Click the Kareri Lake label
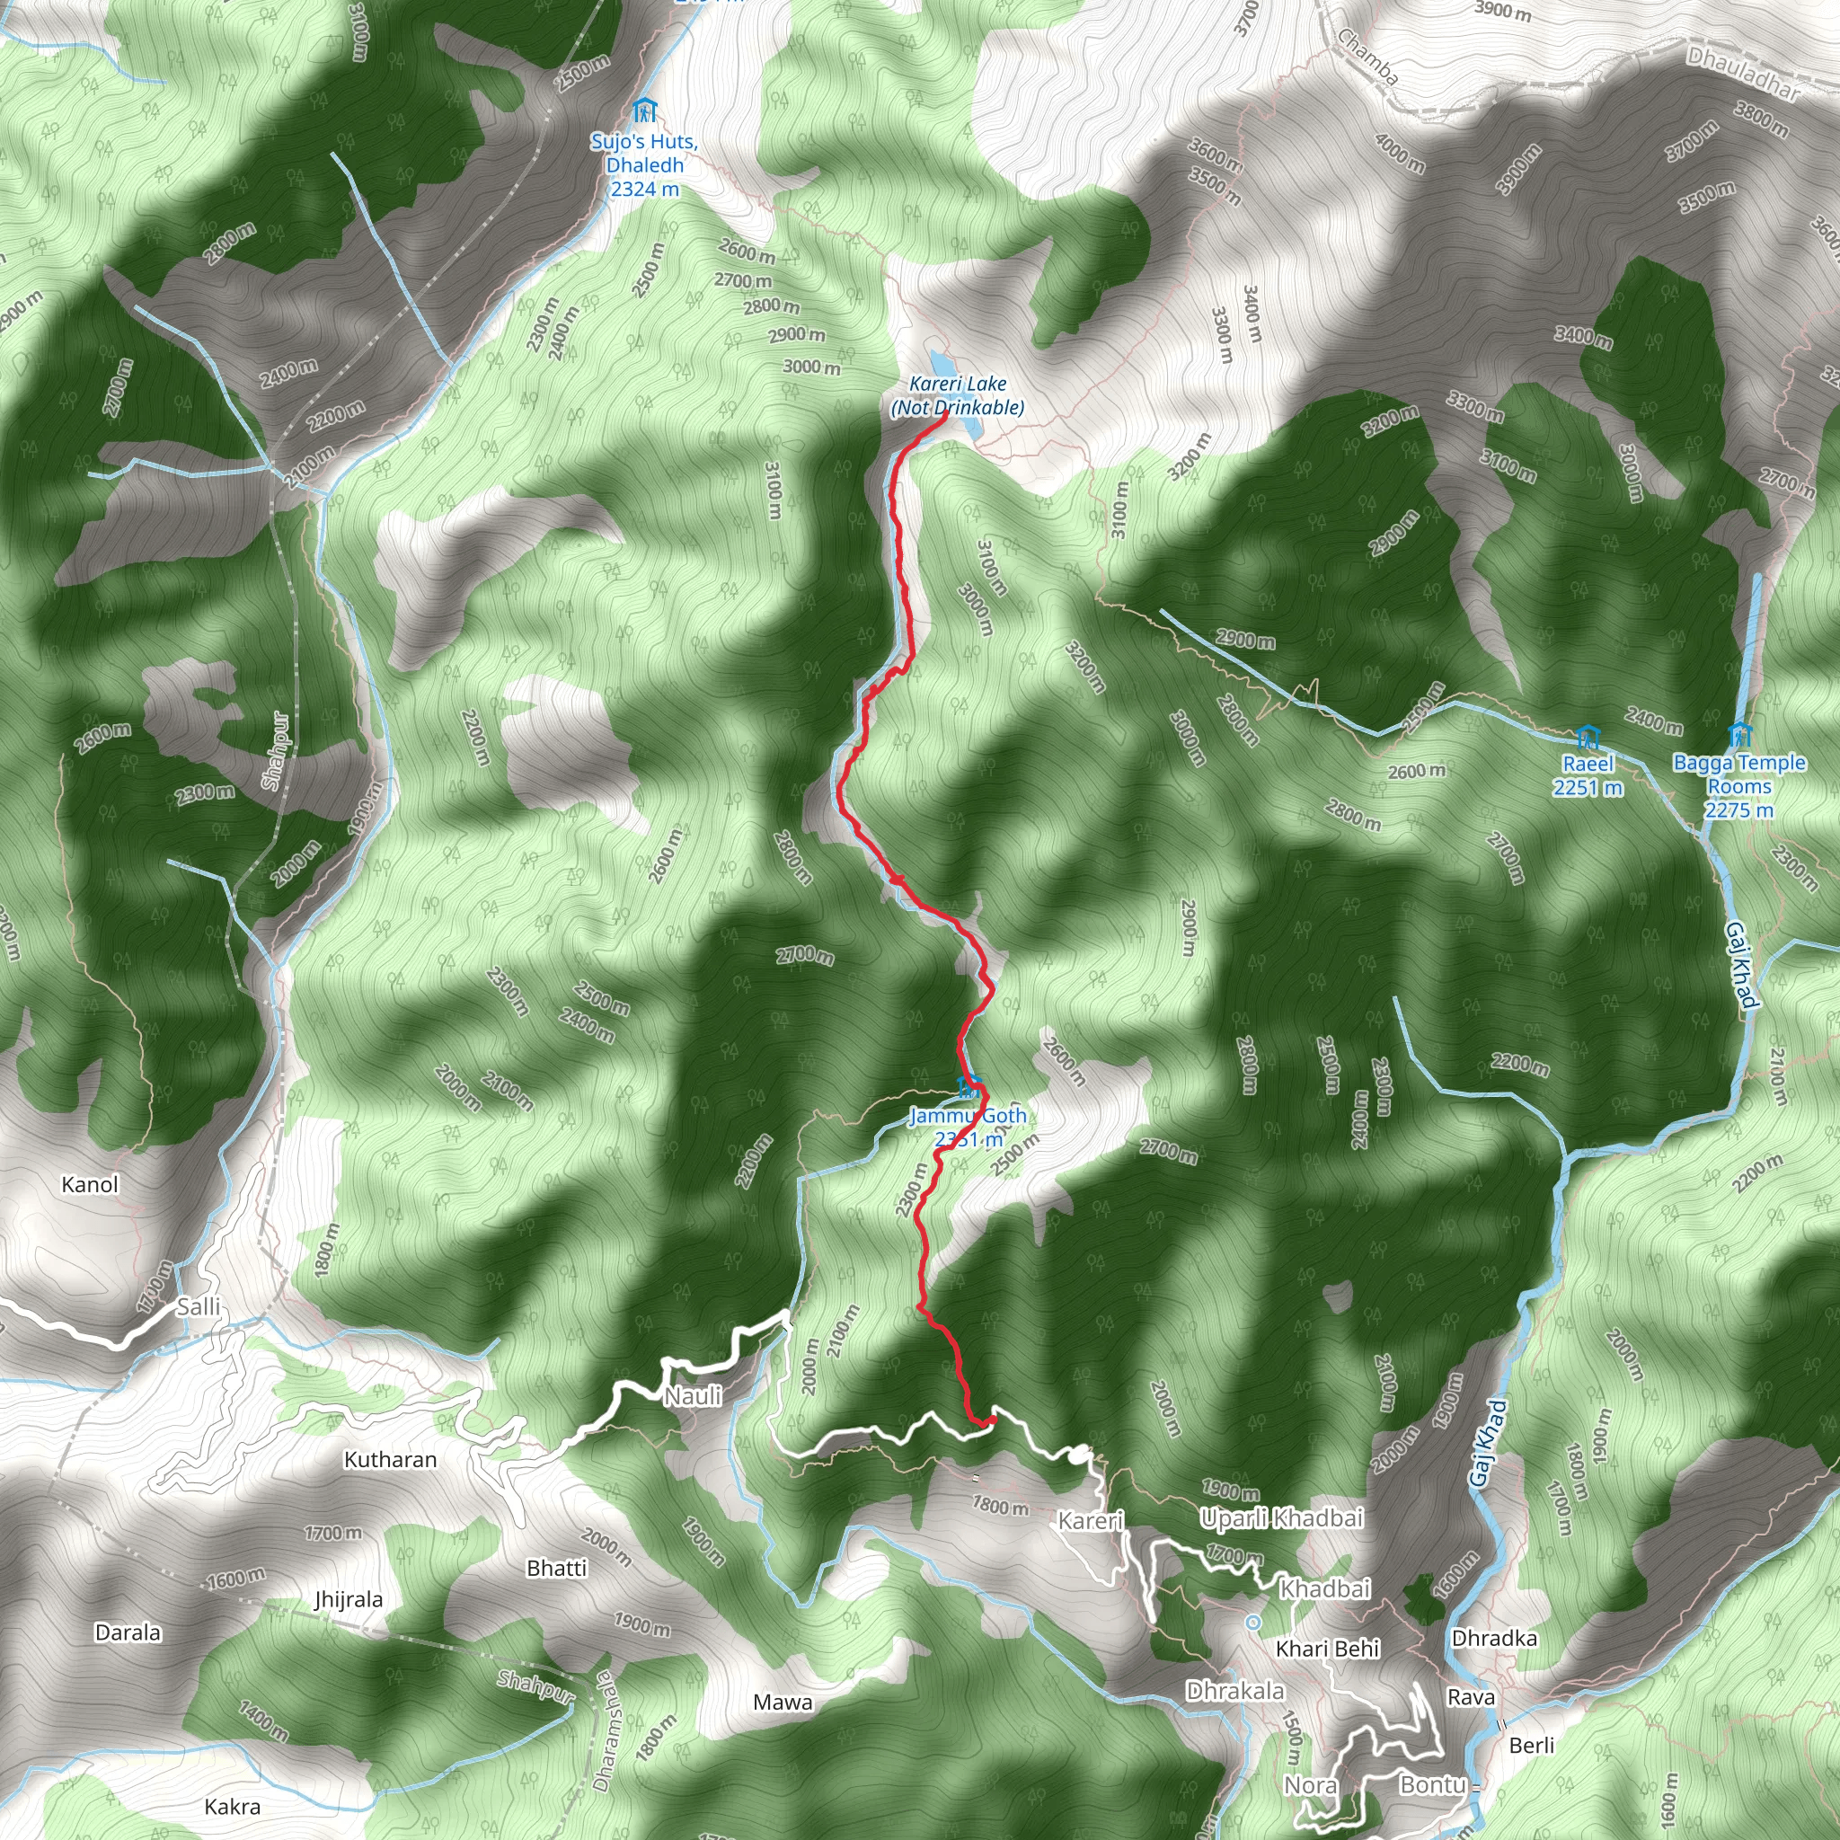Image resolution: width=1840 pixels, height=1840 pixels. [x=957, y=395]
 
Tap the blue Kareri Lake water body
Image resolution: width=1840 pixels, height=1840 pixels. [x=942, y=363]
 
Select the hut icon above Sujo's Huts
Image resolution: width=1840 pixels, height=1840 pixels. [x=645, y=111]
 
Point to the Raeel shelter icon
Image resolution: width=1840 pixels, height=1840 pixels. [x=1587, y=736]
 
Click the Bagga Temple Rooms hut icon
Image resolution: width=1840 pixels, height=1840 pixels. [x=1740, y=735]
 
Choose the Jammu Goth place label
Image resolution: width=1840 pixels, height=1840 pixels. [x=968, y=1127]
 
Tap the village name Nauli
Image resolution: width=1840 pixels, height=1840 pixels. [x=693, y=1396]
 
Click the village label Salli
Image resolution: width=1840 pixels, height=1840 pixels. [x=198, y=1306]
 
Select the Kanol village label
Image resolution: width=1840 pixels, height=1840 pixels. [x=90, y=1185]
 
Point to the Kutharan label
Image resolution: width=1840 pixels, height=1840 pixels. [x=391, y=1459]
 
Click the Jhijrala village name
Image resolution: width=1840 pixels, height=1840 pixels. [x=349, y=1599]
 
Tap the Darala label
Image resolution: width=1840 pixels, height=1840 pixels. [x=128, y=1632]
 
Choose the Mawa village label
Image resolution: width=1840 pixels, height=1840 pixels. [x=783, y=1702]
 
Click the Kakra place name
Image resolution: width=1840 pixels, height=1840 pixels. [x=233, y=1807]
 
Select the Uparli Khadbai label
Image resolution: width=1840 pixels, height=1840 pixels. [x=1282, y=1518]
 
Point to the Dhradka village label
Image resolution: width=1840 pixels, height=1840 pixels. [x=1494, y=1638]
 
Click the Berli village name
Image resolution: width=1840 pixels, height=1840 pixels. [x=1532, y=1745]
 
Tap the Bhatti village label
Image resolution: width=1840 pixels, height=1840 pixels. [x=557, y=1568]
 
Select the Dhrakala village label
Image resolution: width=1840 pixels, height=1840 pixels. [x=1235, y=1691]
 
